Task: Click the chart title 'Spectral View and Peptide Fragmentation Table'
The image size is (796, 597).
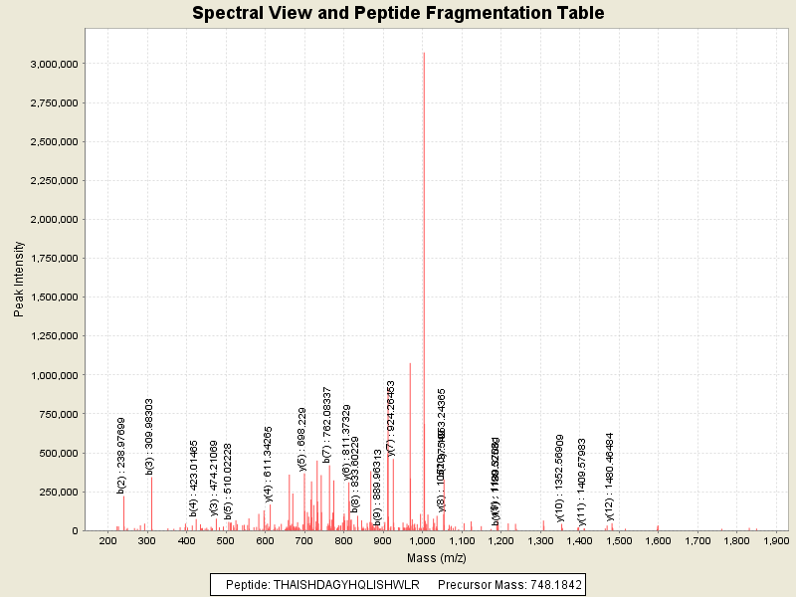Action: coord(398,13)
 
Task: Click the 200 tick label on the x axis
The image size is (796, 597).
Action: coord(107,540)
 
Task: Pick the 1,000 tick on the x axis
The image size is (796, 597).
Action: coord(422,540)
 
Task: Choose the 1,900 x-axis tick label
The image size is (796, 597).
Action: coord(775,540)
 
